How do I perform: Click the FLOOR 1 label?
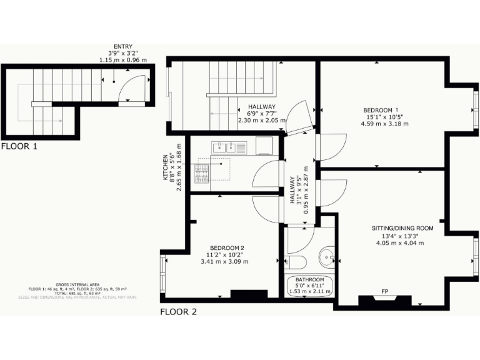point(19,147)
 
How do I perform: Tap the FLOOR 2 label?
point(178,311)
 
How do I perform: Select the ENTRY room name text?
point(122,46)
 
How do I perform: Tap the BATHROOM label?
point(310,279)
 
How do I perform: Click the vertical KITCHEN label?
point(166,167)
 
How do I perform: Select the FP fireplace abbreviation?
point(385,291)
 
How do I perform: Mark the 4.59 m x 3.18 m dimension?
point(384,123)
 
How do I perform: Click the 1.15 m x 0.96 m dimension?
point(123,60)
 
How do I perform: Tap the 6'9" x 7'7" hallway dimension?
point(261,114)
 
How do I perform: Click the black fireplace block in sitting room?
point(385,301)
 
